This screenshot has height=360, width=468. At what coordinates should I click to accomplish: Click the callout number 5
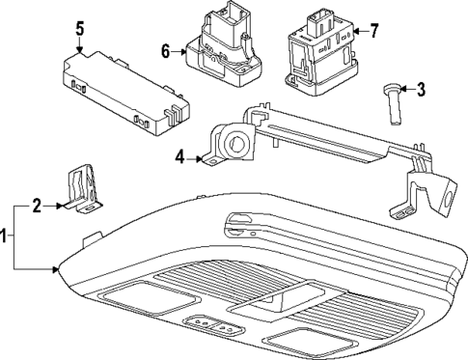click(x=81, y=30)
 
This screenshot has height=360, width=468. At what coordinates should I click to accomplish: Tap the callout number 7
click(x=373, y=31)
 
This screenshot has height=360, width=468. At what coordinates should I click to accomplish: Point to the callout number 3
click(x=421, y=90)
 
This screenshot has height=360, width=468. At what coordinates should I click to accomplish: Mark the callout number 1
click(x=6, y=235)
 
